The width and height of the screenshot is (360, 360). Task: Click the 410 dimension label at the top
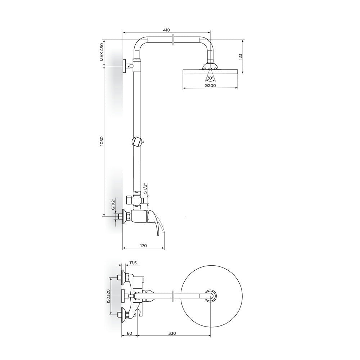[166, 30]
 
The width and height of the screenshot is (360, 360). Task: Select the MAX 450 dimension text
[102, 52]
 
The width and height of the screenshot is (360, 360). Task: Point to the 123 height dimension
[240, 57]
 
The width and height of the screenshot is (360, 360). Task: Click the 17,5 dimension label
[133, 263]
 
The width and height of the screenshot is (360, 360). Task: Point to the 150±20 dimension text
[108, 296]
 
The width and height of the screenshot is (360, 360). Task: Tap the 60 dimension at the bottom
[129, 333]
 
